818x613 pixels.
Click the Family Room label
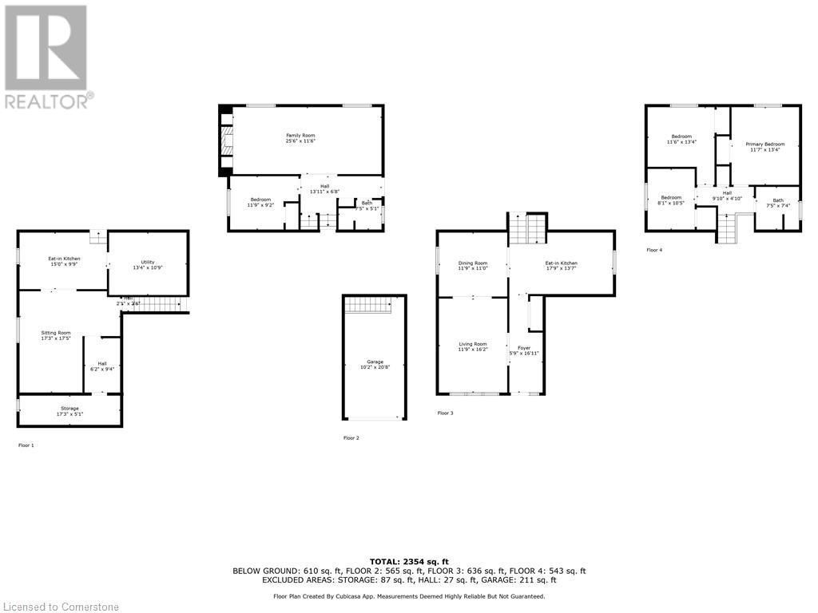pyautogui.click(x=301, y=138)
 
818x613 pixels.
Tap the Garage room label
pyautogui.click(x=375, y=365)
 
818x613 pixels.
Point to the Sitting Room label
pyautogui.click(x=56, y=335)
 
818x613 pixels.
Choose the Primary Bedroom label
pyautogui.click(x=765, y=147)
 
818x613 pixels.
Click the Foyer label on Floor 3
pyautogui.click(x=524, y=350)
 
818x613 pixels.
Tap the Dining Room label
pyautogui.click(x=472, y=266)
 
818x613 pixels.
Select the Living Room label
pyautogui.click(x=472, y=346)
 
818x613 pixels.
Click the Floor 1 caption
pyautogui.click(x=26, y=445)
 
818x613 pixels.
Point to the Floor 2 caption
pyautogui.click(x=351, y=437)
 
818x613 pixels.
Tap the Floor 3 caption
pyautogui.click(x=445, y=413)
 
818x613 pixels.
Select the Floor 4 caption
pyautogui.click(x=654, y=250)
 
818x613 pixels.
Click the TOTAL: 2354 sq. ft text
pyautogui.click(x=409, y=561)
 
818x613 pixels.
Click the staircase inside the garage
pyautogui.click(x=368, y=305)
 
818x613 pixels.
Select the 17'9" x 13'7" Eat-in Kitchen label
pyautogui.click(x=561, y=266)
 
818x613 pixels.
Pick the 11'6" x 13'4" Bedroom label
pyautogui.click(x=681, y=139)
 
